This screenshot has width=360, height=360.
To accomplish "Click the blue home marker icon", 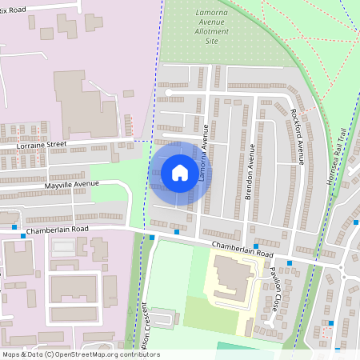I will [179, 172].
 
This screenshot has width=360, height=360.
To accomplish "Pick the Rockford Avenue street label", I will [297, 137].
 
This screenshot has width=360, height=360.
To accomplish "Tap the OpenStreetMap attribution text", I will [80, 354].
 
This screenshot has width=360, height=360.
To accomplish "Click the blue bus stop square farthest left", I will [15, 227].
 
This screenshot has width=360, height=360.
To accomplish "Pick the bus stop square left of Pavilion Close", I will [255, 246].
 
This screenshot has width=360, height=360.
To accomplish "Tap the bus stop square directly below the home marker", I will [177, 232].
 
